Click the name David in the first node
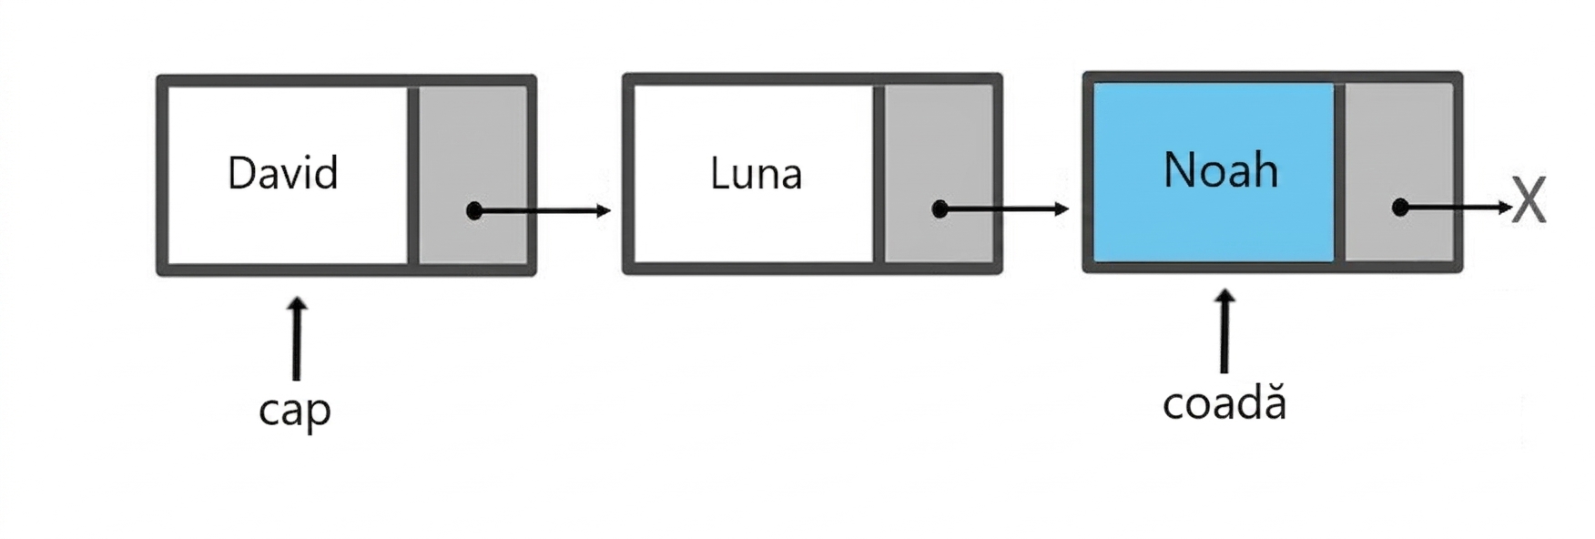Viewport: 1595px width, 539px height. (282, 173)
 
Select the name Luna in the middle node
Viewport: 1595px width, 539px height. (756, 173)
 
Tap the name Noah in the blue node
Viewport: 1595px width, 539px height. (1221, 169)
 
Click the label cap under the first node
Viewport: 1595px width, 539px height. (295, 410)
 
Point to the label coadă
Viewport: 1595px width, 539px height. (1224, 402)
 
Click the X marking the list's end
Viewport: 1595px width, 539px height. (1529, 201)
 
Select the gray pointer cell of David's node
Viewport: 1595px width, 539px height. (472, 175)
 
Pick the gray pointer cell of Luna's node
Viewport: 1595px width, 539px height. (939, 174)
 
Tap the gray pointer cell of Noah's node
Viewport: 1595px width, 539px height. (1399, 172)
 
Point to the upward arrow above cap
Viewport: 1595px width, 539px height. (296, 338)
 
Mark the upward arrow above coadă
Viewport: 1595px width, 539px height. (1224, 331)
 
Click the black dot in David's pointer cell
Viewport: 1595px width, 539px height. (474, 211)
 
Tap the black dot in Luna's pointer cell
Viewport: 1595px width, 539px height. (940, 209)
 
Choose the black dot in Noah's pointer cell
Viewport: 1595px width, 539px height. (1401, 208)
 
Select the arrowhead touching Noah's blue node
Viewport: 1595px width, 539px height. (1062, 209)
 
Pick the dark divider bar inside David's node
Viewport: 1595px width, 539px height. (413, 175)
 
